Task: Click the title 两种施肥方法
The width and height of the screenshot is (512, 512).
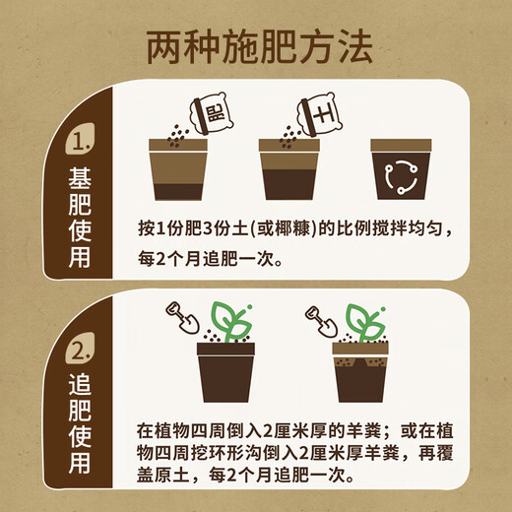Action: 255,44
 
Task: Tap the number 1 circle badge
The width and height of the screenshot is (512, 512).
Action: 81,145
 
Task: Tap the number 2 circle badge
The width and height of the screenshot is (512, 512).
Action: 81,351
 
